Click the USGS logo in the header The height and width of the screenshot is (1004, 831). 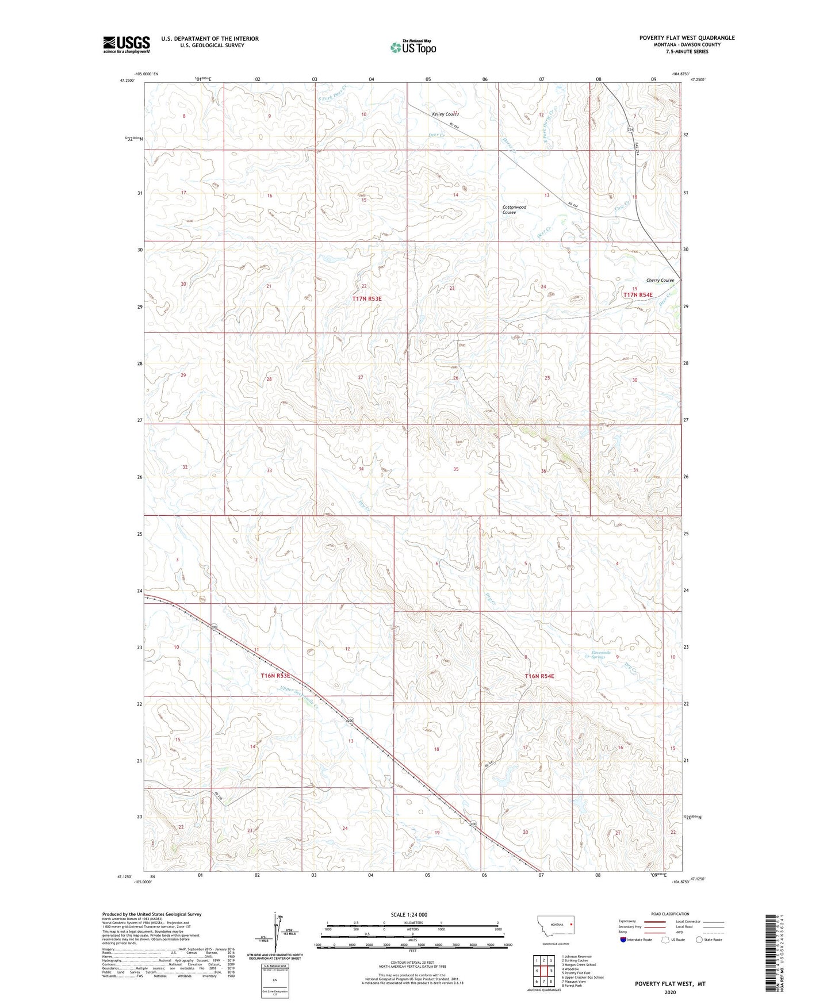point(126,44)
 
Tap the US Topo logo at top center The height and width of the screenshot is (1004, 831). point(413,47)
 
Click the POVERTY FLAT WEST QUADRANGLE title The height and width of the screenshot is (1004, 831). point(687,38)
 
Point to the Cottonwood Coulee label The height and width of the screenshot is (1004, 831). point(514,209)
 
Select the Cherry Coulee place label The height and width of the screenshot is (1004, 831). point(660,280)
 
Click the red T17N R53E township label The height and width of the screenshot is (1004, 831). point(367,298)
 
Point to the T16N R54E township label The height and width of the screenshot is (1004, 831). point(539,676)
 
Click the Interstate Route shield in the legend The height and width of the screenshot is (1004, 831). point(623,940)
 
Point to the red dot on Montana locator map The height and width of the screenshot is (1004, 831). point(570,925)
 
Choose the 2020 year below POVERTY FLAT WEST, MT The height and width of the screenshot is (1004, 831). point(670,992)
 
